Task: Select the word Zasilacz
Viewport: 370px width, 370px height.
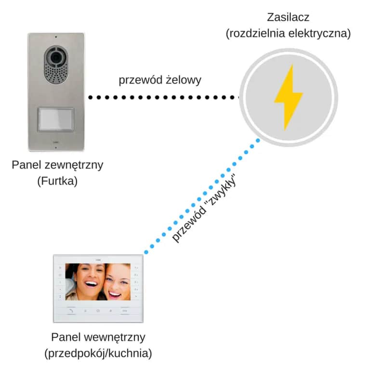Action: tap(288, 18)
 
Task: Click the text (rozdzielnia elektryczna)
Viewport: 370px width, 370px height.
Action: tap(288, 34)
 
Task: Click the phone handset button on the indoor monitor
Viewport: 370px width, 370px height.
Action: tap(71, 311)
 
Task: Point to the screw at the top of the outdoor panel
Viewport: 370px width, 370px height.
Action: tap(56, 37)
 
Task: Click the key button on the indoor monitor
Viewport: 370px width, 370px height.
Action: tap(125, 311)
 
